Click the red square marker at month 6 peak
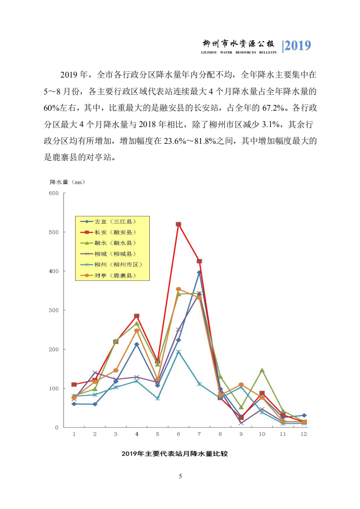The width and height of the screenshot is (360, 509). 178,224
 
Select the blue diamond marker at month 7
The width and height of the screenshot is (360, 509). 199,272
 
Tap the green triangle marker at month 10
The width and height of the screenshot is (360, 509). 262,370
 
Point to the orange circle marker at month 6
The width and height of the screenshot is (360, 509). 178,289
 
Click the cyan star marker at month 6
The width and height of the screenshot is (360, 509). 178,352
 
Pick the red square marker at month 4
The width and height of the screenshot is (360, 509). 137,316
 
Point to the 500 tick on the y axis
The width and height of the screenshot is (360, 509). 54,232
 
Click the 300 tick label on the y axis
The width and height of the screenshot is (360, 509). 54,310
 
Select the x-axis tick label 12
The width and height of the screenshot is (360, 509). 304,434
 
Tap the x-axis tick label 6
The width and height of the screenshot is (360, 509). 178,434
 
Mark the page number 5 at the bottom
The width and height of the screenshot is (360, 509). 180,476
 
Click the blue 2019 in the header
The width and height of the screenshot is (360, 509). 298,46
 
